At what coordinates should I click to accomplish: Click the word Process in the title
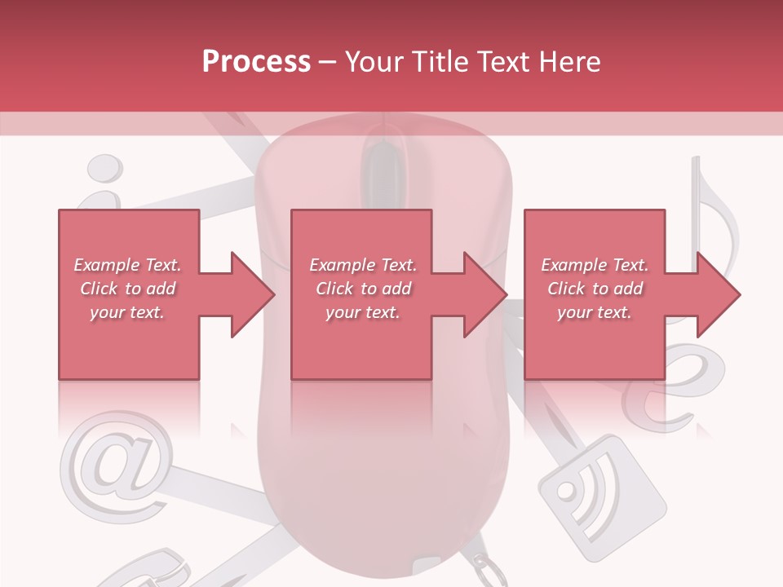256,61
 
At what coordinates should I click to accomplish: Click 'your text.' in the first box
127,311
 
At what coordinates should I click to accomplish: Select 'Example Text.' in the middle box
363,265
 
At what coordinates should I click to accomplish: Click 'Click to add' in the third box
595,289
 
